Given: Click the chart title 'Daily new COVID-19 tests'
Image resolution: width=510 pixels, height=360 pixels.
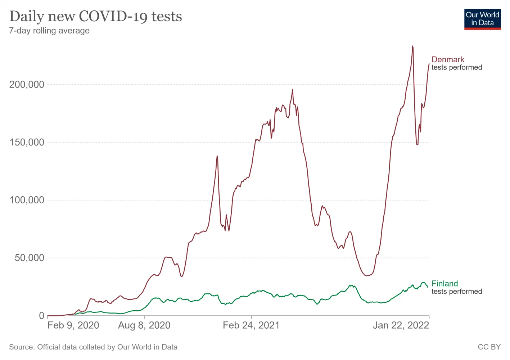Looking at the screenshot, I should [x=95, y=17].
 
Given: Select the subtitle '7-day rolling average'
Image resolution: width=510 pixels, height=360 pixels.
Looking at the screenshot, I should [x=49, y=31].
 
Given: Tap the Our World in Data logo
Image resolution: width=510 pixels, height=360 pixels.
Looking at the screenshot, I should [x=482, y=19].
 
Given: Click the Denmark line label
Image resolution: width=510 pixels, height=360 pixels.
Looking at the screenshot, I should [x=448, y=59].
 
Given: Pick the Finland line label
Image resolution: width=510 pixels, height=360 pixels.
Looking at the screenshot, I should [x=444, y=284].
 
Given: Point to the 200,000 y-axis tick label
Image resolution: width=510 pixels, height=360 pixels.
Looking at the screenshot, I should [x=27, y=85].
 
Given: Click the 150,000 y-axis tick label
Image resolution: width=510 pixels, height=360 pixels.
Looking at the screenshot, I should [x=27, y=142].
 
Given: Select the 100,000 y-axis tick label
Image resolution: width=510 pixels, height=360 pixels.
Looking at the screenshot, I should [x=27, y=200].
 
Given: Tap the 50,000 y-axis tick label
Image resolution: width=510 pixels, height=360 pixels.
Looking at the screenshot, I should [x=29, y=258].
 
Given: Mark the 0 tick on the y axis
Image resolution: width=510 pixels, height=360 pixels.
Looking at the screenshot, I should [x=42, y=316].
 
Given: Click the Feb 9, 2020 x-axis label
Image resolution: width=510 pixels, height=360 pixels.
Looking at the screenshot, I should [x=73, y=325].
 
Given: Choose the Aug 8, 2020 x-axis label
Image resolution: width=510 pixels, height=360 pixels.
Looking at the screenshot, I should [x=144, y=325].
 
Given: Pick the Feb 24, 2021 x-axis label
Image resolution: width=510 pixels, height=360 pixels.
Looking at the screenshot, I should [x=251, y=325].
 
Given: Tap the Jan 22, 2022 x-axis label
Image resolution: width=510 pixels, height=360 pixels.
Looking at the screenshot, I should [x=401, y=325].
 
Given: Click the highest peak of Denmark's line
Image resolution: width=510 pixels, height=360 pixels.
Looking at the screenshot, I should [x=412, y=46].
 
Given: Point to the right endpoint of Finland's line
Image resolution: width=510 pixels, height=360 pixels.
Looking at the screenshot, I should [x=428, y=287].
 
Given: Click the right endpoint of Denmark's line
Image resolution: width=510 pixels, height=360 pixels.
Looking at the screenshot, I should [x=429, y=64].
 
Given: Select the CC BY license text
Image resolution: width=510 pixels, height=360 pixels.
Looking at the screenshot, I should [x=489, y=347].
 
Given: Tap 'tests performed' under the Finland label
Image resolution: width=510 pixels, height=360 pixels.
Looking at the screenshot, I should [x=456, y=292].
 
